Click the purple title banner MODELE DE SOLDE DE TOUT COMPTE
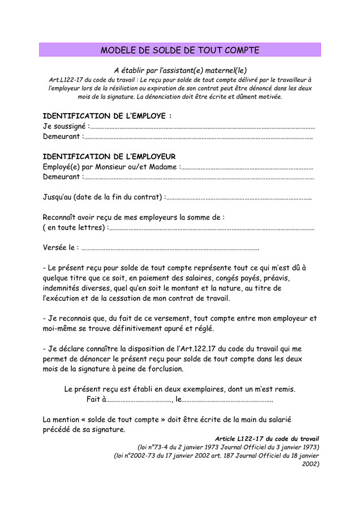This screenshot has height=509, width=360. (x=180, y=50)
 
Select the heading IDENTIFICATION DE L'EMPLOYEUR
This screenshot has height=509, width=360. (x=109, y=156)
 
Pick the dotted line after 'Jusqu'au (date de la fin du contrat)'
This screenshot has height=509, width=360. (x=238, y=197)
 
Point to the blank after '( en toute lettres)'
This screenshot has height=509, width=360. (x=212, y=228)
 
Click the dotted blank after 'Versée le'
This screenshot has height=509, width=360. (x=170, y=248)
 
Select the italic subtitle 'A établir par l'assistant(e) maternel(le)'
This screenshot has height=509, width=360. (x=180, y=71)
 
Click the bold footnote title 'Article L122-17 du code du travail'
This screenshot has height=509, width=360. (x=267, y=438)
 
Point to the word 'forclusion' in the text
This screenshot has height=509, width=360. (x=165, y=369)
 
